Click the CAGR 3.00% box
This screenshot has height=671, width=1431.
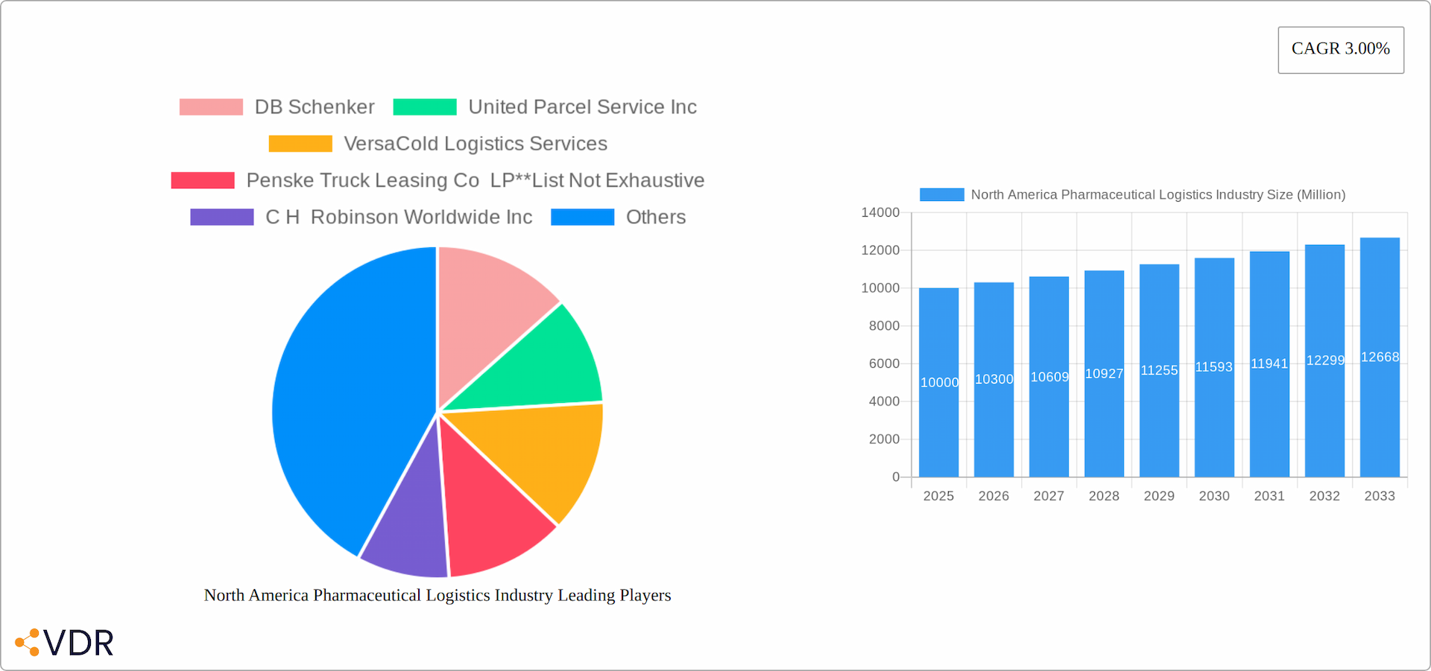tap(1340, 50)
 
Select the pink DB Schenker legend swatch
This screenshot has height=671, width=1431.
tap(211, 107)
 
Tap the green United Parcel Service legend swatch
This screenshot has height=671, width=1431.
tap(425, 107)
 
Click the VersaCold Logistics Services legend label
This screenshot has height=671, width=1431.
tap(476, 144)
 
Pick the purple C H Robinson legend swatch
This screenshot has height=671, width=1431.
tap(221, 217)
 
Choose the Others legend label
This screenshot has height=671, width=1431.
tap(655, 217)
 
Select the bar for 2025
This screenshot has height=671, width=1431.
tap(938, 417)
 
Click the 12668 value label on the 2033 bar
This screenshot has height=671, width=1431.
tap(1380, 357)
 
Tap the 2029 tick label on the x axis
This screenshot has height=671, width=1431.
tap(1159, 496)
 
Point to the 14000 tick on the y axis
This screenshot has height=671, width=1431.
tap(880, 213)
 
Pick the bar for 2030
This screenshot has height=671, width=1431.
tap(1214, 417)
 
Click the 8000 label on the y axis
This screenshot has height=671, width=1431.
tap(884, 326)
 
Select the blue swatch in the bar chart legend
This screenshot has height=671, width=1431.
tap(941, 195)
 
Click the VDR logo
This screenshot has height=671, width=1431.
tap(65, 643)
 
